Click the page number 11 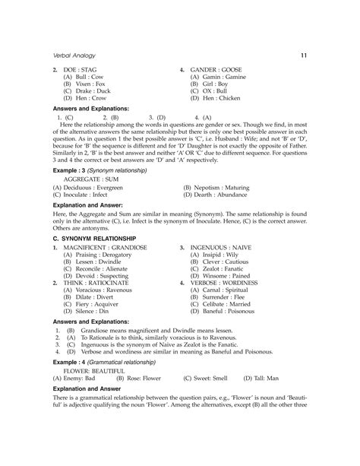tap(303, 55)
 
